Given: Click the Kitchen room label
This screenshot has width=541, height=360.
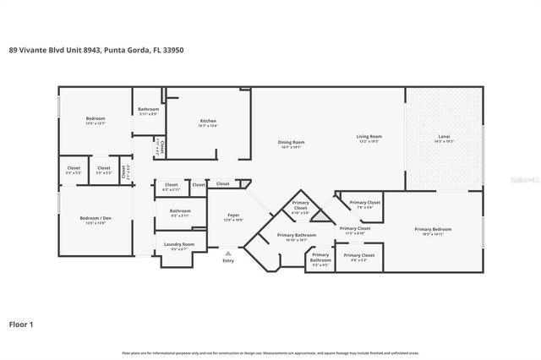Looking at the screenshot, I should [x=208, y=122].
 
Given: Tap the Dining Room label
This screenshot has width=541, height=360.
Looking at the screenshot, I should [x=291, y=143].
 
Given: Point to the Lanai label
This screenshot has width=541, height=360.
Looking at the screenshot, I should [x=444, y=137].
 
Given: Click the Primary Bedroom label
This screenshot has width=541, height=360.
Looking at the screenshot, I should [x=432, y=230].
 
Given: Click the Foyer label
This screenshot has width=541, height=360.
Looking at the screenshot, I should [x=228, y=217].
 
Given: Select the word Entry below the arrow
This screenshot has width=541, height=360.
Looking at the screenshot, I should [x=228, y=260].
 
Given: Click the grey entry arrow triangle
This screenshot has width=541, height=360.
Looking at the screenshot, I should [x=227, y=251].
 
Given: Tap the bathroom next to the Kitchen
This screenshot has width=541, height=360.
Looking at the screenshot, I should [x=149, y=109].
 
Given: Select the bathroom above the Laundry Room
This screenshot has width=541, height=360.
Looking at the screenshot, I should [x=180, y=211].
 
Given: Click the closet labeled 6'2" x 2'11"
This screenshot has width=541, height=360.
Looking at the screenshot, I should [x=171, y=185].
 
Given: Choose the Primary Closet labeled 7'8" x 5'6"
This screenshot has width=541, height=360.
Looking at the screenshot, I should [x=365, y=204].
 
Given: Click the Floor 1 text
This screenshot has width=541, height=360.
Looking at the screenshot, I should [x=21, y=323].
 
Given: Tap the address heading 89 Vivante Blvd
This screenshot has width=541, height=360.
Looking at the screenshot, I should [x=96, y=51].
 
